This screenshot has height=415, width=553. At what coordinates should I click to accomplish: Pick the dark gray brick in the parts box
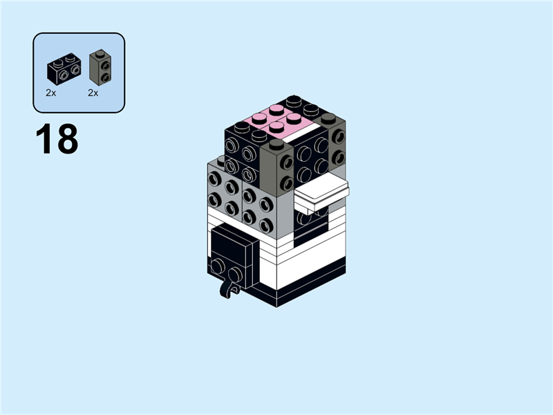coord(100,66)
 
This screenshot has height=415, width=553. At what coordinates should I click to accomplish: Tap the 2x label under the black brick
coord(51,92)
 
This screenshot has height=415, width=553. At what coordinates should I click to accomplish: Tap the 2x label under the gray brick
coord(93,92)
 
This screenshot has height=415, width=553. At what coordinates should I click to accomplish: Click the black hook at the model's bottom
coord(227,288)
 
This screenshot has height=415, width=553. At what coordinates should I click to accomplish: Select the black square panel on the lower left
coord(232,245)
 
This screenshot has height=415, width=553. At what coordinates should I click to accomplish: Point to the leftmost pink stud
coord(258,118)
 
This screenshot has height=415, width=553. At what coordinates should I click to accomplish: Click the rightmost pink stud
coord(298,120)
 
